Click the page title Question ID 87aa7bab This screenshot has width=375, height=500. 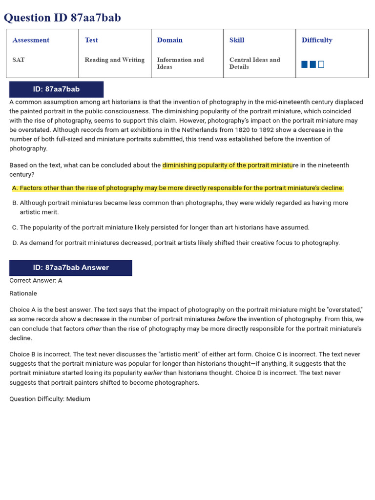(62, 18)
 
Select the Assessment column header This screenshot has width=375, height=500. (31, 40)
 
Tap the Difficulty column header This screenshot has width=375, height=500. (317, 40)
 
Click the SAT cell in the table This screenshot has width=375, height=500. (19, 60)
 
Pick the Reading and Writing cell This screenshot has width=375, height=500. (114, 60)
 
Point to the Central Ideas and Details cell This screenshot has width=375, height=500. (254, 63)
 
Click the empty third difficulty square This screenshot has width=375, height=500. (321, 64)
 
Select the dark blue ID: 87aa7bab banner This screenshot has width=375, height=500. (56, 89)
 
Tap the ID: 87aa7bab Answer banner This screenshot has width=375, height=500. (71, 268)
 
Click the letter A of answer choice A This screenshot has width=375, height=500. (15, 188)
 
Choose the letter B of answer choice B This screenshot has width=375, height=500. (15, 203)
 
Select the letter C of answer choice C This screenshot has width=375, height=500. (15, 227)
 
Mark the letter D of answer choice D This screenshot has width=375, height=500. (15, 243)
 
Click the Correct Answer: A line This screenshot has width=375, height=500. (36, 280)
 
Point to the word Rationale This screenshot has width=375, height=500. (23, 293)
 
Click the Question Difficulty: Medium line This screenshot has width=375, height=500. (50, 399)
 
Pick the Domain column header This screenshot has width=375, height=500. (169, 40)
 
